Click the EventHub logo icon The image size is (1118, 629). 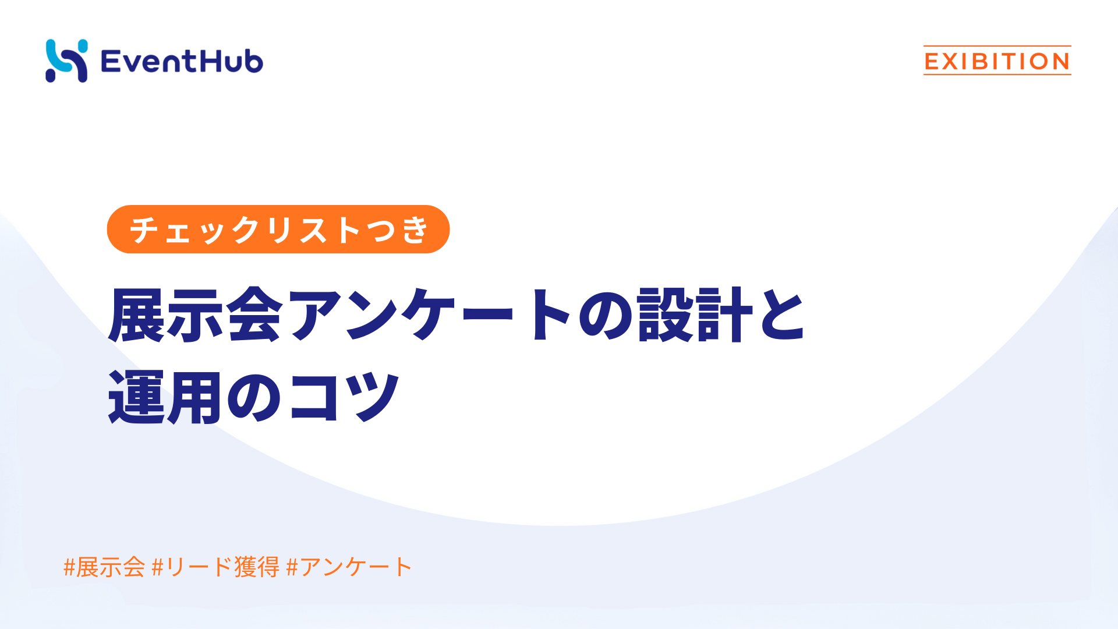point(66,61)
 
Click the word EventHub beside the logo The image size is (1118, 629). point(182,61)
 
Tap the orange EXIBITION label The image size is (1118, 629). point(997,61)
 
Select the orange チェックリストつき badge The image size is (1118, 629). point(278,229)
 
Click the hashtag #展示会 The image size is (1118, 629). point(104,567)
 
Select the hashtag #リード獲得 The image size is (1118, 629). point(215,567)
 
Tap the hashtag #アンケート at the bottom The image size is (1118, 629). point(349,567)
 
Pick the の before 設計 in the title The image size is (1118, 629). point(606,314)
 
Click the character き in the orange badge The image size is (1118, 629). point(415,229)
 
